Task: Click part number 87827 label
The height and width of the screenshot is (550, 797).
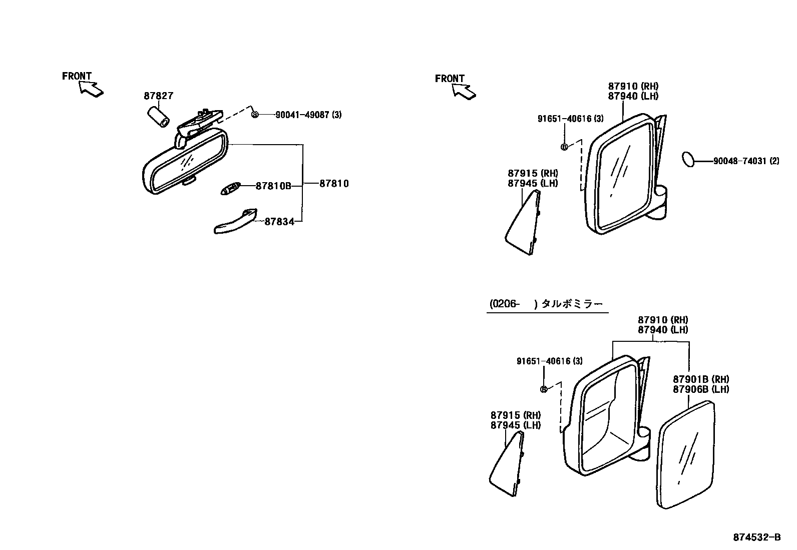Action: (158, 96)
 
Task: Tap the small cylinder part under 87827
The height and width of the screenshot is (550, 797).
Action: (158, 118)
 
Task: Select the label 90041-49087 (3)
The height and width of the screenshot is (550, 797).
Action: (308, 115)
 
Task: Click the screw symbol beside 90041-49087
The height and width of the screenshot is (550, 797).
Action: (255, 115)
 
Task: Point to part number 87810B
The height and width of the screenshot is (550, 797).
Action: (273, 186)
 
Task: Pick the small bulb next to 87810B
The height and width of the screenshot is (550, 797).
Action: (230, 190)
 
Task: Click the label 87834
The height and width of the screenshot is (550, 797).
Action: (279, 222)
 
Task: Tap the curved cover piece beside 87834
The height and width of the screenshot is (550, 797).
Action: (235, 221)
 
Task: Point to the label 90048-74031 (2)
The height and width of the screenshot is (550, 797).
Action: (746, 161)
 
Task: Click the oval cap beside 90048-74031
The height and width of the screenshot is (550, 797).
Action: (689, 160)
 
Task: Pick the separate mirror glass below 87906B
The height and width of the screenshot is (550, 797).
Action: (685, 455)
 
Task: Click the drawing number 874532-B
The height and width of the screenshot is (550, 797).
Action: (757, 537)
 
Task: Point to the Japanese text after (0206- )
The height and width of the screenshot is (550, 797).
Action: (573, 304)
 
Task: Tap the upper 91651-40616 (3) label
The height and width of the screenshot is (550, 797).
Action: (570, 119)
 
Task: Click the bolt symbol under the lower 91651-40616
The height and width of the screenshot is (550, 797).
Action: (543, 389)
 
